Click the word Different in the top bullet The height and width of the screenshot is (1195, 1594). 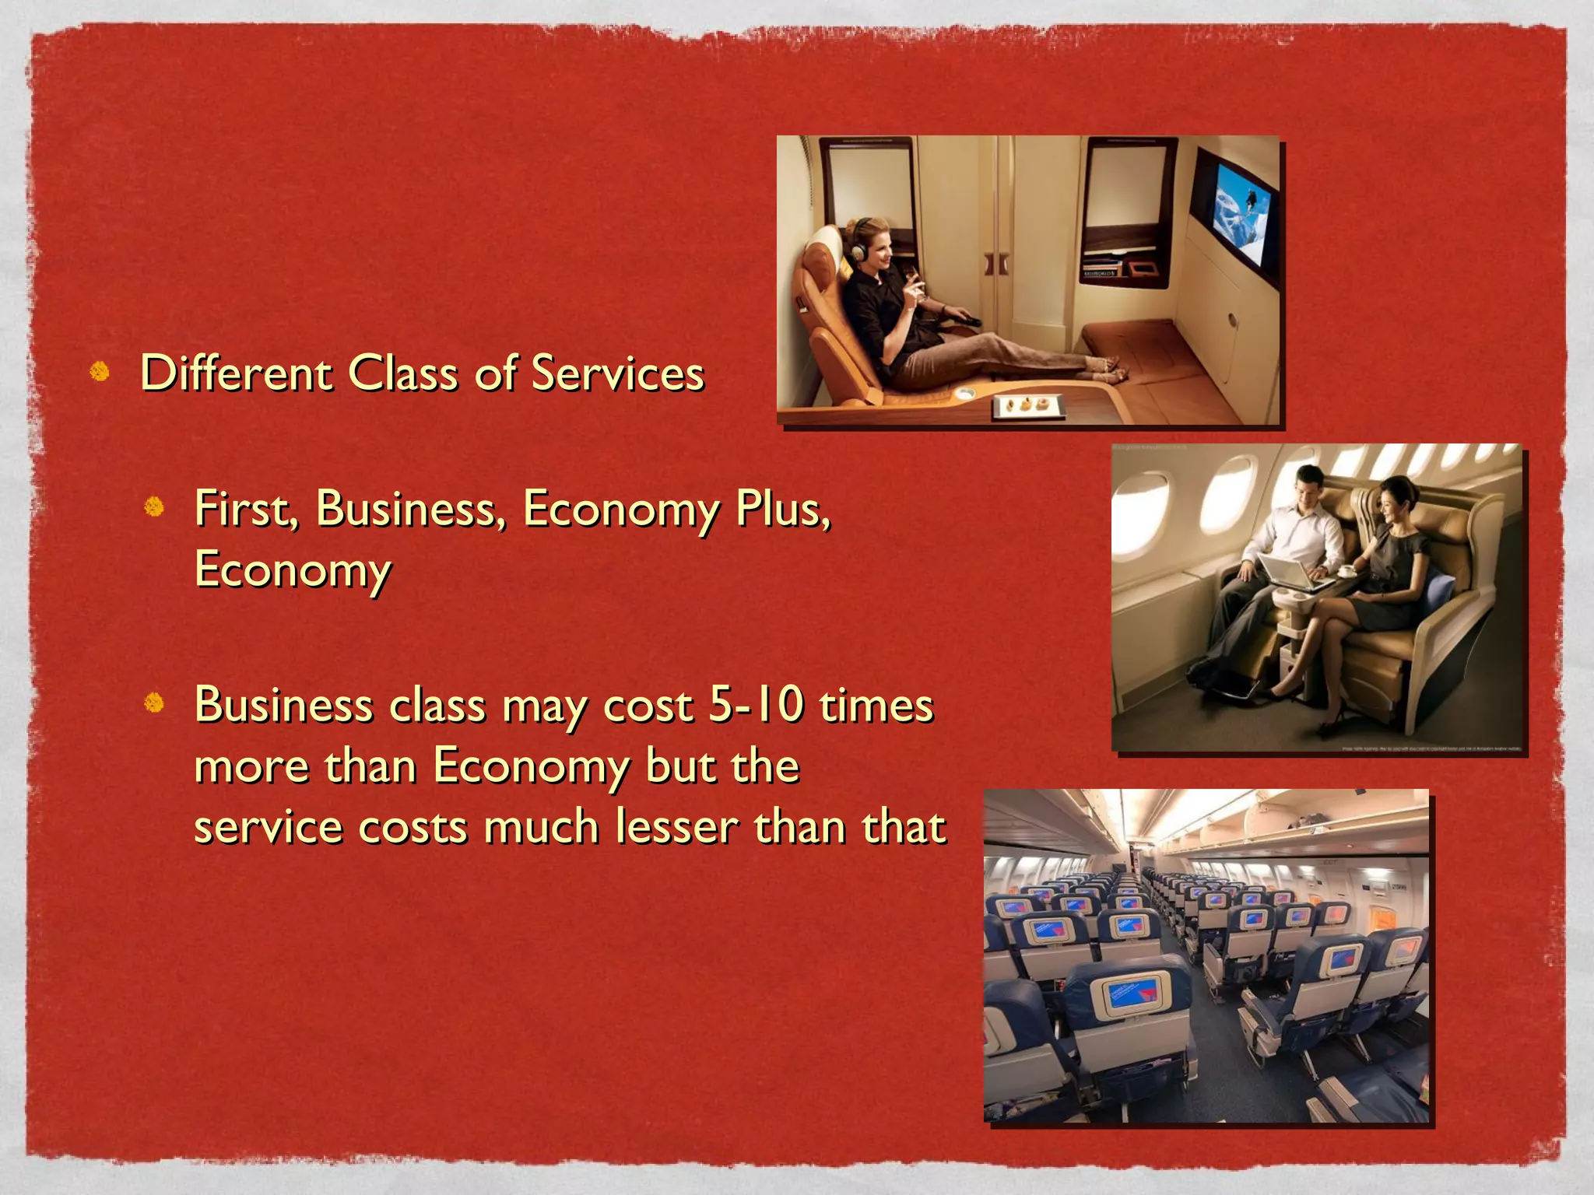pyautogui.click(x=236, y=373)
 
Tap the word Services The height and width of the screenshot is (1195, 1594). pyautogui.click(x=617, y=373)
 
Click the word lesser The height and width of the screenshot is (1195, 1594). pyautogui.click(x=676, y=826)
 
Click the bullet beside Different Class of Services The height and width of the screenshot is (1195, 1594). pyautogui.click(x=100, y=372)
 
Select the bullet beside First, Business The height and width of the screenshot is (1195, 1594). pyautogui.click(x=154, y=507)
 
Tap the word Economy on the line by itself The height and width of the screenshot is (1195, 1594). pyautogui.click(x=293, y=570)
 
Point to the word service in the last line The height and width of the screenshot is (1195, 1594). pyautogui.click(x=268, y=826)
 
